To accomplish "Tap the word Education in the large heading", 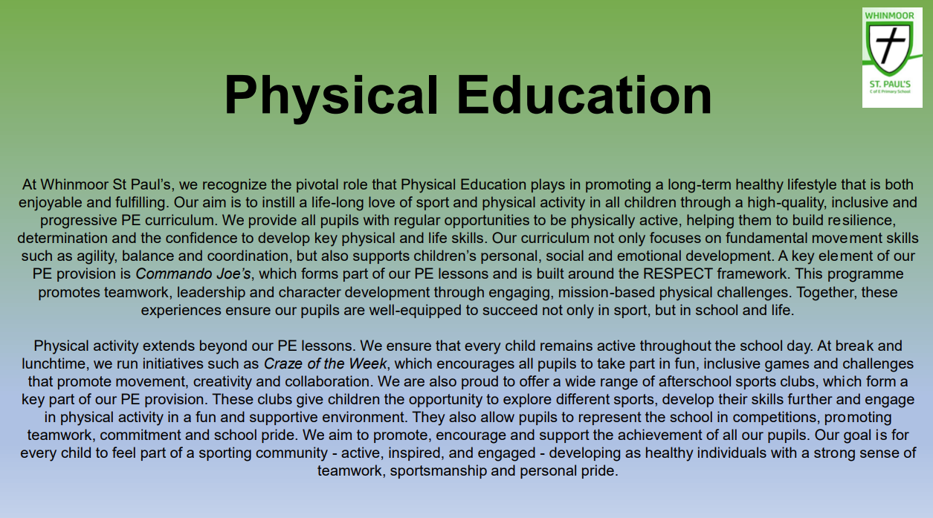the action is pos(584,95).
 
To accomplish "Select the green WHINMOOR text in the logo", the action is pos(889,16).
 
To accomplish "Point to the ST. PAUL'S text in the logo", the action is pos(890,84).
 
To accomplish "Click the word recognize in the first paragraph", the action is pos(234,185).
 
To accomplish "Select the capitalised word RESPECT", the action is pos(678,274).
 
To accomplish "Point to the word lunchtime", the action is pos(55,364).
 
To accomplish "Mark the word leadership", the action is pos(210,292).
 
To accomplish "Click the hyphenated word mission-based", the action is pos(606,292).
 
